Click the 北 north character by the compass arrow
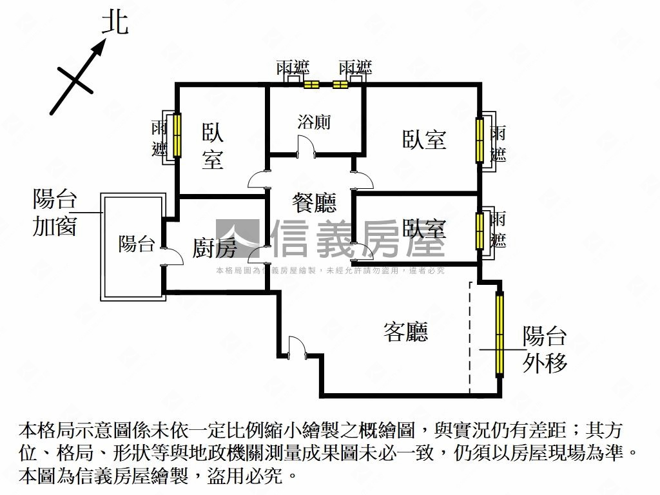pos(115,24)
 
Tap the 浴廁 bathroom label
pos(315,121)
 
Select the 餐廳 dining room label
pos(315,204)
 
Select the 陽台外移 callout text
pos(545,349)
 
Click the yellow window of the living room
pos(500,335)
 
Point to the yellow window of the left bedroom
pos(177,135)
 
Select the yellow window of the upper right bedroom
pos(479,139)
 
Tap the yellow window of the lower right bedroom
pos(479,231)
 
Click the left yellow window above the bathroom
pos(311,84)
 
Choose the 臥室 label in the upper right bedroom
pos(424,139)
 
